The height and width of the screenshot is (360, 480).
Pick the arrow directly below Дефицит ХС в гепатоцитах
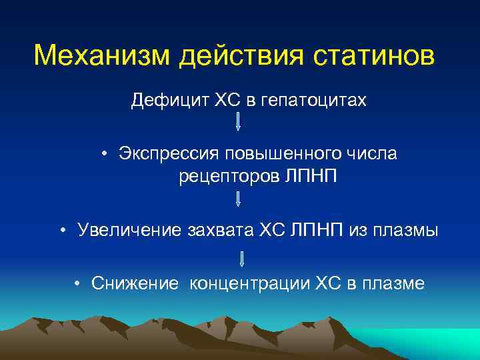(x=238, y=121)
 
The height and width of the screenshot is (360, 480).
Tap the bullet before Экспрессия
(x=105, y=155)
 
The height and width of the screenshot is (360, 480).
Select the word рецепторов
(x=226, y=177)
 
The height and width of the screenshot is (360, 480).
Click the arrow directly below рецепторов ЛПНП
(x=238, y=199)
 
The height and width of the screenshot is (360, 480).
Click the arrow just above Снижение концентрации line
(x=241, y=259)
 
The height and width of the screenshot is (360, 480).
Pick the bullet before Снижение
(x=78, y=284)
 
